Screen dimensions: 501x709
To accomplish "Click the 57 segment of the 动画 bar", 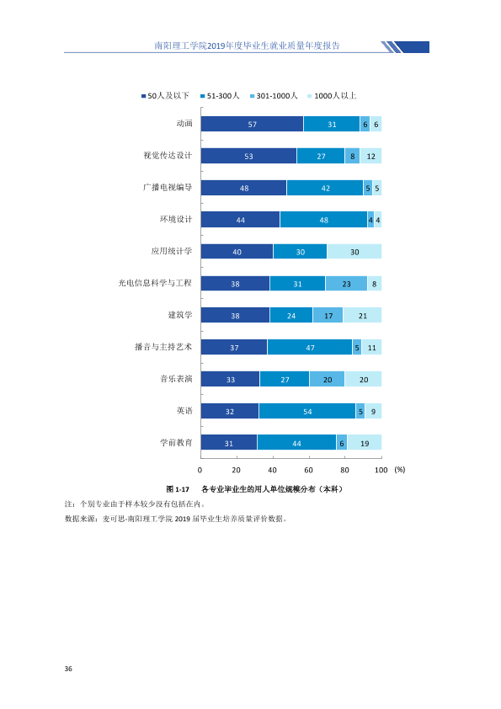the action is [253, 124].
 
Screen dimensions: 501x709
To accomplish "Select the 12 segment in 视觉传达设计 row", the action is [370, 156].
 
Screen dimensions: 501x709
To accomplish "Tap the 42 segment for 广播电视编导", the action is [325, 188].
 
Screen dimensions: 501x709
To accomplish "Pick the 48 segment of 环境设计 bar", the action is [323, 220].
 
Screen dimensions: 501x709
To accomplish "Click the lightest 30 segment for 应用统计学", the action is [354, 252].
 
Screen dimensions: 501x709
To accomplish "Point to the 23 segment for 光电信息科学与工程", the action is [346, 284].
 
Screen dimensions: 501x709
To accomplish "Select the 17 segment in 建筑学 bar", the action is [328, 315].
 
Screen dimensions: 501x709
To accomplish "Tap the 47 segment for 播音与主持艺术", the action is [310, 347].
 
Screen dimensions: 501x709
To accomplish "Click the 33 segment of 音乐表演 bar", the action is [231, 379].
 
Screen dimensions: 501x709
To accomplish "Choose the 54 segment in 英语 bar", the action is [307, 411].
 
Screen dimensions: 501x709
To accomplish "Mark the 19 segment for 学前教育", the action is [365, 443].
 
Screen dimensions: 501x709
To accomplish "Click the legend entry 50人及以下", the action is [166, 96].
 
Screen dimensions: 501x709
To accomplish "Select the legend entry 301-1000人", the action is [274, 96].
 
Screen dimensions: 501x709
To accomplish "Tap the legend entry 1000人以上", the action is [332, 96].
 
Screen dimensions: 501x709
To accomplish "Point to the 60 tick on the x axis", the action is [308, 470].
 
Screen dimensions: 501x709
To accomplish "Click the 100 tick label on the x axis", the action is [381, 470].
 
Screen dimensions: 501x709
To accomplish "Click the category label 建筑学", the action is [180, 315].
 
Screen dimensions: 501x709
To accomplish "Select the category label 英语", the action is [184, 411].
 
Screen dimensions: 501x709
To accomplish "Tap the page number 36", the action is [68, 669].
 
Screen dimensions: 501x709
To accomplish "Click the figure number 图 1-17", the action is [178, 489].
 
